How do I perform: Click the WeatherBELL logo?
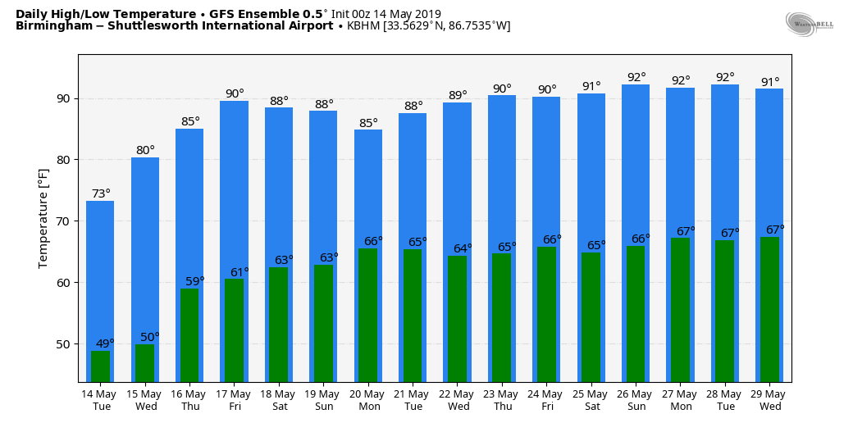click(809, 24)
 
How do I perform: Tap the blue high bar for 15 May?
click(145, 246)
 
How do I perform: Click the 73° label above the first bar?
click(101, 194)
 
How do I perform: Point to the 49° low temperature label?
click(105, 343)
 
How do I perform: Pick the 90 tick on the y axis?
click(62, 98)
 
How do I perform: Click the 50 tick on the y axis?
click(62, 344)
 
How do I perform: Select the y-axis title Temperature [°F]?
click(43, 217)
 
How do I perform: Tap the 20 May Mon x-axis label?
click(368, 400)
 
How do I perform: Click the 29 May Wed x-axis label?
click(769, 400)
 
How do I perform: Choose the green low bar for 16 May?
click(189, 334)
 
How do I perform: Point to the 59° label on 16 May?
click(194, 281)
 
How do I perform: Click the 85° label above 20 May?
click(368, 124)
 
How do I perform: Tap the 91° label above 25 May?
click(591, 87)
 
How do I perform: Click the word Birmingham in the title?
click(48, 26)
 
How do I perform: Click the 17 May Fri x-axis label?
click(235, 400)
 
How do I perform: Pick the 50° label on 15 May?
click(150, 337)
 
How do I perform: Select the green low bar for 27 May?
click(680, 309)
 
